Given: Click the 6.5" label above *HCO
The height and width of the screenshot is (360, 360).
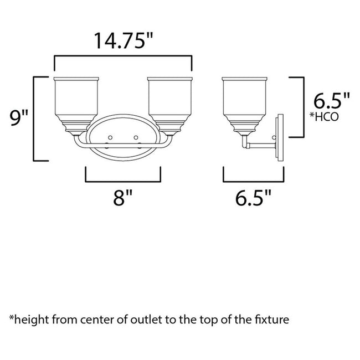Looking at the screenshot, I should [x=331, y=101].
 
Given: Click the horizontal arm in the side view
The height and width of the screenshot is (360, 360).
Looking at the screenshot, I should [x=261, y=145].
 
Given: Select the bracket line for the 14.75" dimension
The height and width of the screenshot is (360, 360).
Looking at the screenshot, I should [x=122, y=56].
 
